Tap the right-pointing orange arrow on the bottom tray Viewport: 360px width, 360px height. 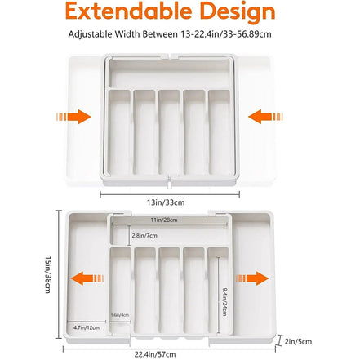[x=257, y=278]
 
